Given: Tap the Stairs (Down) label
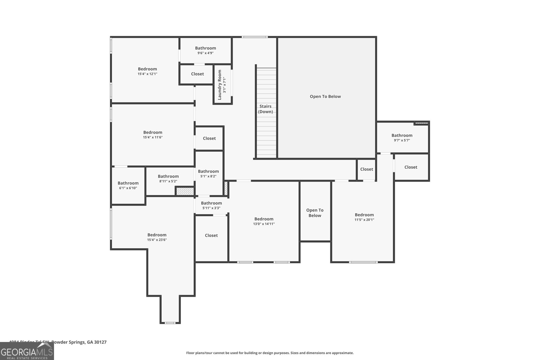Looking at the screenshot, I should (266, 109).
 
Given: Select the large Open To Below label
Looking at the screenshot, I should (325, 96).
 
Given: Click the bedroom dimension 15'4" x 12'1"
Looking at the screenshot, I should (147, 74).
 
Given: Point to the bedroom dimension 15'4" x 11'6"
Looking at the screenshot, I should (153, 137).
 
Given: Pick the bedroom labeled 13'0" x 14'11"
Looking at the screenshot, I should (264, 221).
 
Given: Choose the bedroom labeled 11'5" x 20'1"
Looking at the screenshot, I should (364, 217).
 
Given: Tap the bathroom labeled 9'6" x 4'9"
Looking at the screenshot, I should (206, 50).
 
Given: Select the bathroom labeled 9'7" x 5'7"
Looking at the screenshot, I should (402, 138).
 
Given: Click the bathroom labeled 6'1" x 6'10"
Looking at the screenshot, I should (128, 186).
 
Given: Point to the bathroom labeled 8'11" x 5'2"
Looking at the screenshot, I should (168, 178).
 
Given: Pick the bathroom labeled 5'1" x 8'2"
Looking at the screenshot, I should (208, 173).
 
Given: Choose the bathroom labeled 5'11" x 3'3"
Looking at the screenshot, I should (211, 205).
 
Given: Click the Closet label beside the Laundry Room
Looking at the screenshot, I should (197, 74).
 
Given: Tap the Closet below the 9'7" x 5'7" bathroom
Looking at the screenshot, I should (411, 167).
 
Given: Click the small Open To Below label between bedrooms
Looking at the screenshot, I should (315, 213).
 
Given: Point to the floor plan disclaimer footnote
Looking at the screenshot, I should (270, 353).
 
